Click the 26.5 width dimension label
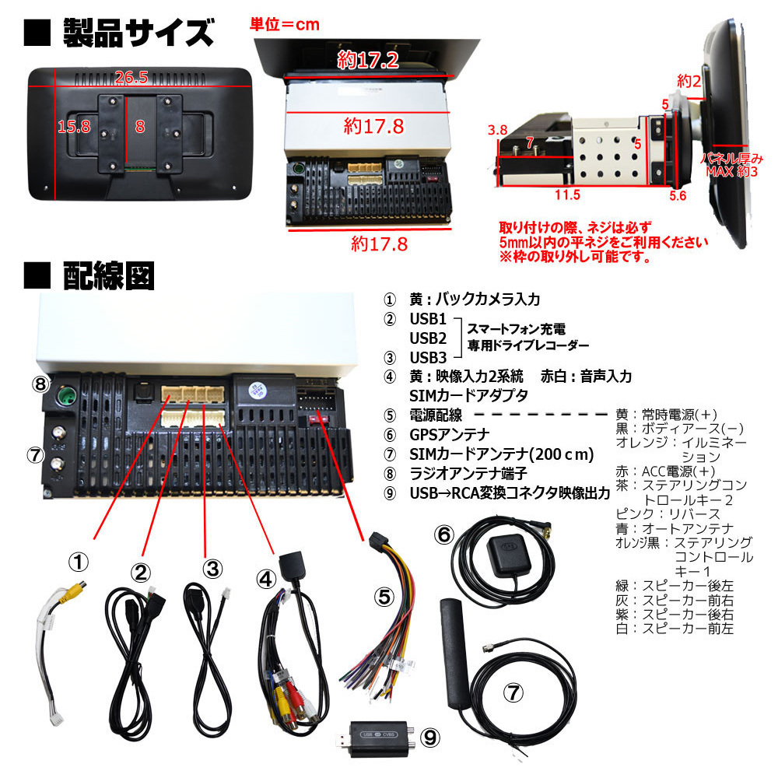[x=131, y=77]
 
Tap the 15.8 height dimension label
[x=74, y=127]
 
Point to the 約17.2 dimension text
[x=368, y=60]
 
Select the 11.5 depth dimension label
[x=567, y=194]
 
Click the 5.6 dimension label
[x=678, y=195]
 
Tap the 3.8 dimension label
[x=497, y=130]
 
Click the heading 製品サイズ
[x=138, y=33]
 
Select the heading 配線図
[x=109, y=275]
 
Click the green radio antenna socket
[x=65, y=397]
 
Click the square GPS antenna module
[x=509, y=555]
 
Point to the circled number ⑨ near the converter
[x=429, y=738]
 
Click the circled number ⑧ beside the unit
[x=40, y=384]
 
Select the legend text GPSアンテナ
[x=449, y=435]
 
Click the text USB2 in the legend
[x=428, y=338]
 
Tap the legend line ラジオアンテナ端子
[x=468, y=474]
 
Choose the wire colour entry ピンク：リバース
[x=668, y=514]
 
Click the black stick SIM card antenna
[x=454, y=654]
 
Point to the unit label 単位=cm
[x=284, y=24]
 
